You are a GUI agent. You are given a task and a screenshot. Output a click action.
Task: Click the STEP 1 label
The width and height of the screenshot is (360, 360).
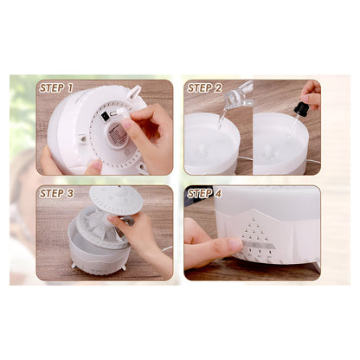56,87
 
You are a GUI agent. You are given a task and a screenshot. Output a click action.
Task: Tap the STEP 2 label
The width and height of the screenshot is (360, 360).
205,87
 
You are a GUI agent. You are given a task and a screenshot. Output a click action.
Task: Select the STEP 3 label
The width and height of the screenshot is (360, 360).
56,193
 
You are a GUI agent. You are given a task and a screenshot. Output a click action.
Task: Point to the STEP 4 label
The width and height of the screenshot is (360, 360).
205,193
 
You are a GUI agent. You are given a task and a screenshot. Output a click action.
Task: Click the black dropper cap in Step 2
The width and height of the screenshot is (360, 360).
301,109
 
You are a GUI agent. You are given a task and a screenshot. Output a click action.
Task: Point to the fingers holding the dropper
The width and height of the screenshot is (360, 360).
311,90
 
